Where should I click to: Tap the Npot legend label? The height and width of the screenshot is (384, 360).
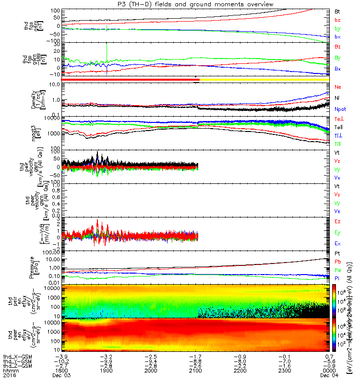pyautogui.click(x=339, y=109)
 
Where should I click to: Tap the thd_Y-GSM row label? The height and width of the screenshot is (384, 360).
pyautogui.click(x=16, y=361)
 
